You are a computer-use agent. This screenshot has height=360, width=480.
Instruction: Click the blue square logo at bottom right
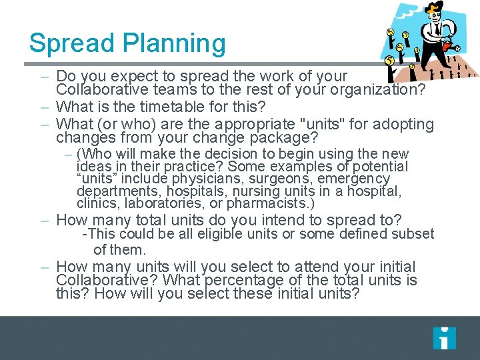(444, 338)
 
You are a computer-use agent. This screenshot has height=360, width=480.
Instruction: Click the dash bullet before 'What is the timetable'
(45, 107)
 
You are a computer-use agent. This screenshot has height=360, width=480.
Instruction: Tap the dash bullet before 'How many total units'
(45, 220)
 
